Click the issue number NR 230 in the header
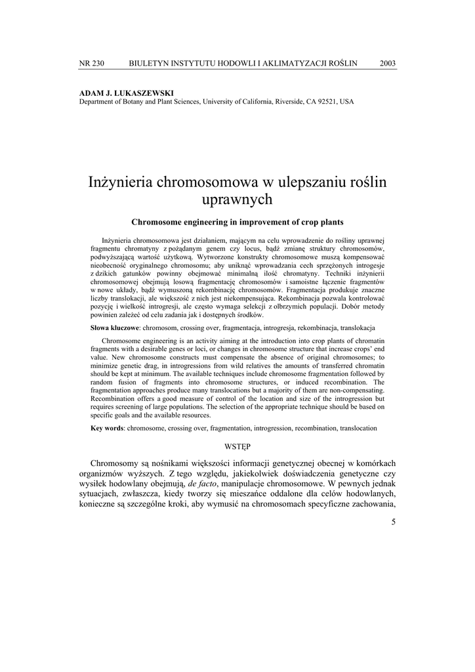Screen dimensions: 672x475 click(x=91, y=63)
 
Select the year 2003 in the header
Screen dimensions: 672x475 click(x=388, y=63)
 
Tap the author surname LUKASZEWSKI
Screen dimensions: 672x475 click(x=138, y=93)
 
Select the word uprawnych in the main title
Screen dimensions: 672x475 click(x=237, y=198)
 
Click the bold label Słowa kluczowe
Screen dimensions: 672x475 click(x=114, y=327)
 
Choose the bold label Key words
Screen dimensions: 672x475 click(x=107, y=428)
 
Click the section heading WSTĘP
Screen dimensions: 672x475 click(x=237, y=446)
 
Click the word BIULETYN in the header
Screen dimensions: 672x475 click(x=150, y=63)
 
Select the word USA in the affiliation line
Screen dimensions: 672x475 click(x=346, y=102)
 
